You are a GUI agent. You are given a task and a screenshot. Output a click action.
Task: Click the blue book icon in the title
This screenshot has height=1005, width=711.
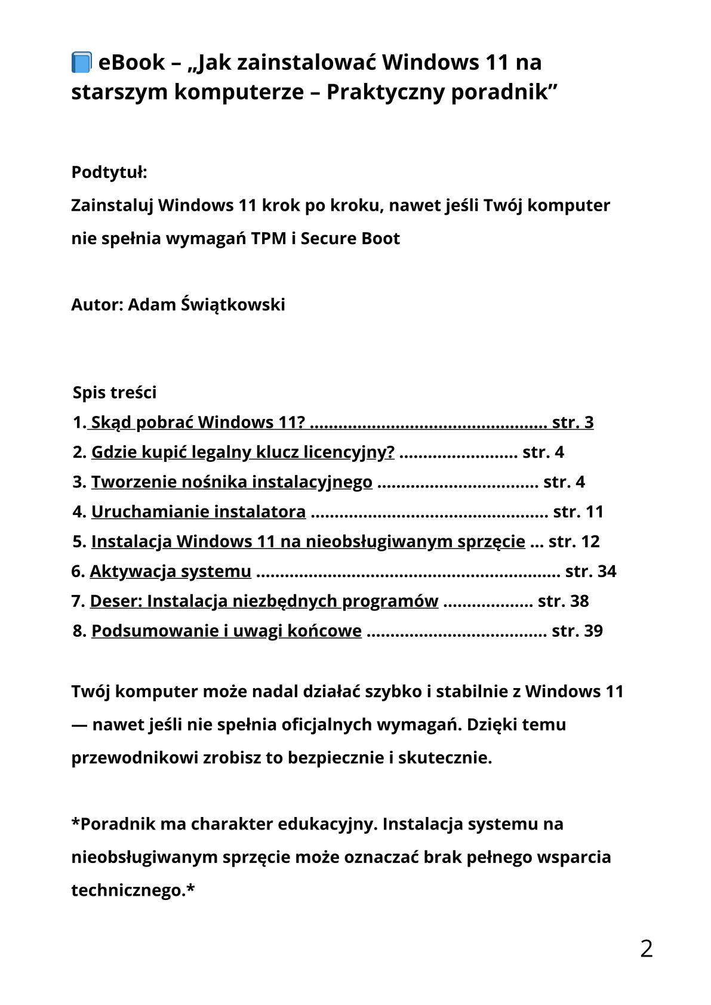[x=81, y=62]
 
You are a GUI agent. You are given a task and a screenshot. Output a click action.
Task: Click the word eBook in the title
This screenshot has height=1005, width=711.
[x=131, y=62]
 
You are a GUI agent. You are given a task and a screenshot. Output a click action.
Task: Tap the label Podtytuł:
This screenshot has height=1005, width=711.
[x=109, y=172]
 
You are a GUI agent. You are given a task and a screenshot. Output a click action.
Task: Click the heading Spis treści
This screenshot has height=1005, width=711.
[x=115, y=393]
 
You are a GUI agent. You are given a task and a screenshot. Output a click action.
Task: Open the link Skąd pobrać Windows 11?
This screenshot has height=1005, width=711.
[x=198, y=423]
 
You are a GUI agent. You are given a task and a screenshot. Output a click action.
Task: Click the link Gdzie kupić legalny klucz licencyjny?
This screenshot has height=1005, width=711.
[x=242, y=452]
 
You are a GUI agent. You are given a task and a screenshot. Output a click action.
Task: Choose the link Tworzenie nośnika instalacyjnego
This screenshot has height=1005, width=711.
[x=232, y=482]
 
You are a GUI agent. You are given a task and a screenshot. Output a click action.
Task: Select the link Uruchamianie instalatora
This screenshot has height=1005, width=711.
[x=198, y=512]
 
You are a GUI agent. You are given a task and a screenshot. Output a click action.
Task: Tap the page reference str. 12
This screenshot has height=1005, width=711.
[x=574, y=542]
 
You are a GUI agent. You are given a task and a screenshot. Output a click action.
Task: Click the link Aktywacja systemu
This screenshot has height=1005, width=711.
[x=170, y=572]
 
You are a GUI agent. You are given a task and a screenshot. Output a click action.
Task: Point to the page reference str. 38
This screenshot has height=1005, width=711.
[x=563, y=601]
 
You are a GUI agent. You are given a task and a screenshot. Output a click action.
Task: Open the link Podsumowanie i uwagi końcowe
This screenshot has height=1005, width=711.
[x=226, y=631]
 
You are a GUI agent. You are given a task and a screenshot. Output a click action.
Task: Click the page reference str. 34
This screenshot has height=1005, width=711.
[x=590, y=572]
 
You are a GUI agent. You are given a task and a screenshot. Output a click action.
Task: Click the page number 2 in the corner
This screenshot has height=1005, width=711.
[x=646, y=949]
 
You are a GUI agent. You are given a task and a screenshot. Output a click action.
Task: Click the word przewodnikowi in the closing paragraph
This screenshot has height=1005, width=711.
[x=134, y=758]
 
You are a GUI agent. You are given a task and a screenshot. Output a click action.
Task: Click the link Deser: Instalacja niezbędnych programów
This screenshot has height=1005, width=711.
[x=264, y=601]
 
